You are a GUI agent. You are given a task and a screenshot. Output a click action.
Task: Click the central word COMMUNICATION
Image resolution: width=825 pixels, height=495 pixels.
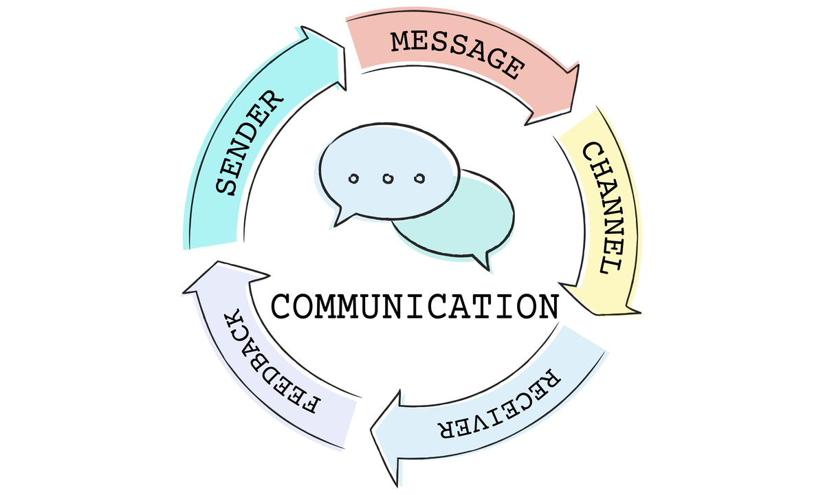(x=415, y=306)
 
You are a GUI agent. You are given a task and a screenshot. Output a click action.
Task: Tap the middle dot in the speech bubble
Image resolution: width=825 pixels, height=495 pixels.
(x=386, y=179)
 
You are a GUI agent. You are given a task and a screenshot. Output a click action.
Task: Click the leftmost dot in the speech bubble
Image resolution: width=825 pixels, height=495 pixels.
(x=353, y=179)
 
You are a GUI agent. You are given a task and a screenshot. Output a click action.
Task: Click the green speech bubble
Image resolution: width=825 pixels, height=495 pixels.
(x=474, y=220)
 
